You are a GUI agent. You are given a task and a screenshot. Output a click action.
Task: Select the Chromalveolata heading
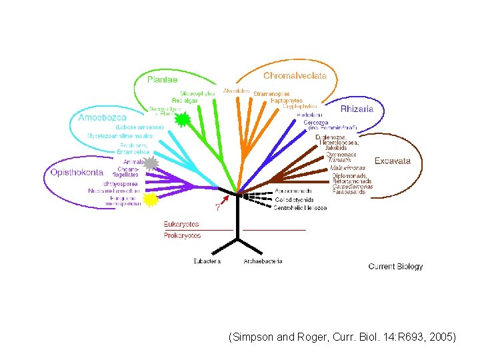click(295, 75)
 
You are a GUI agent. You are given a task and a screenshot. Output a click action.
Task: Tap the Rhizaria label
click(357, 109)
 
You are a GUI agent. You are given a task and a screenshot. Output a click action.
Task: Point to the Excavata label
click(392, 161)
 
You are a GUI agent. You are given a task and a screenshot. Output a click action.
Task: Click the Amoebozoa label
click(102, 117)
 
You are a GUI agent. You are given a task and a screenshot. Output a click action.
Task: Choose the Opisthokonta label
click(77, 171)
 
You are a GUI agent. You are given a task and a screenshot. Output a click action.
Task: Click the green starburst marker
click(182, 120)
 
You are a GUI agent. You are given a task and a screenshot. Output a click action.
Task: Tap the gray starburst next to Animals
click(151, 163)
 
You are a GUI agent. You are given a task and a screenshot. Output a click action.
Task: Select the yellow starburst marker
click(151, 199)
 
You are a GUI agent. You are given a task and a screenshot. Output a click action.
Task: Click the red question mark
click(217, 206)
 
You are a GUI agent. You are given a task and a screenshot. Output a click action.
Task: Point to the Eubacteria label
click(207, 261)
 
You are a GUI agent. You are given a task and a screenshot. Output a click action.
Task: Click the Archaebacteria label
click(263, 261)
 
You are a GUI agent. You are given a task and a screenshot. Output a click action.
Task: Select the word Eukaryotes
click(181, 225)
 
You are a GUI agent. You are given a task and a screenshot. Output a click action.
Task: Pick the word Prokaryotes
click(182, 235)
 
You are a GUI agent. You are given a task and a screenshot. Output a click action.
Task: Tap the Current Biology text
click(395, 267)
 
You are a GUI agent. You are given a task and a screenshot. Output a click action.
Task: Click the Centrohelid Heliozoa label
click(300, 208)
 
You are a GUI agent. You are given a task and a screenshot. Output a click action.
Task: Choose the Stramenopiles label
click(272, 94)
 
